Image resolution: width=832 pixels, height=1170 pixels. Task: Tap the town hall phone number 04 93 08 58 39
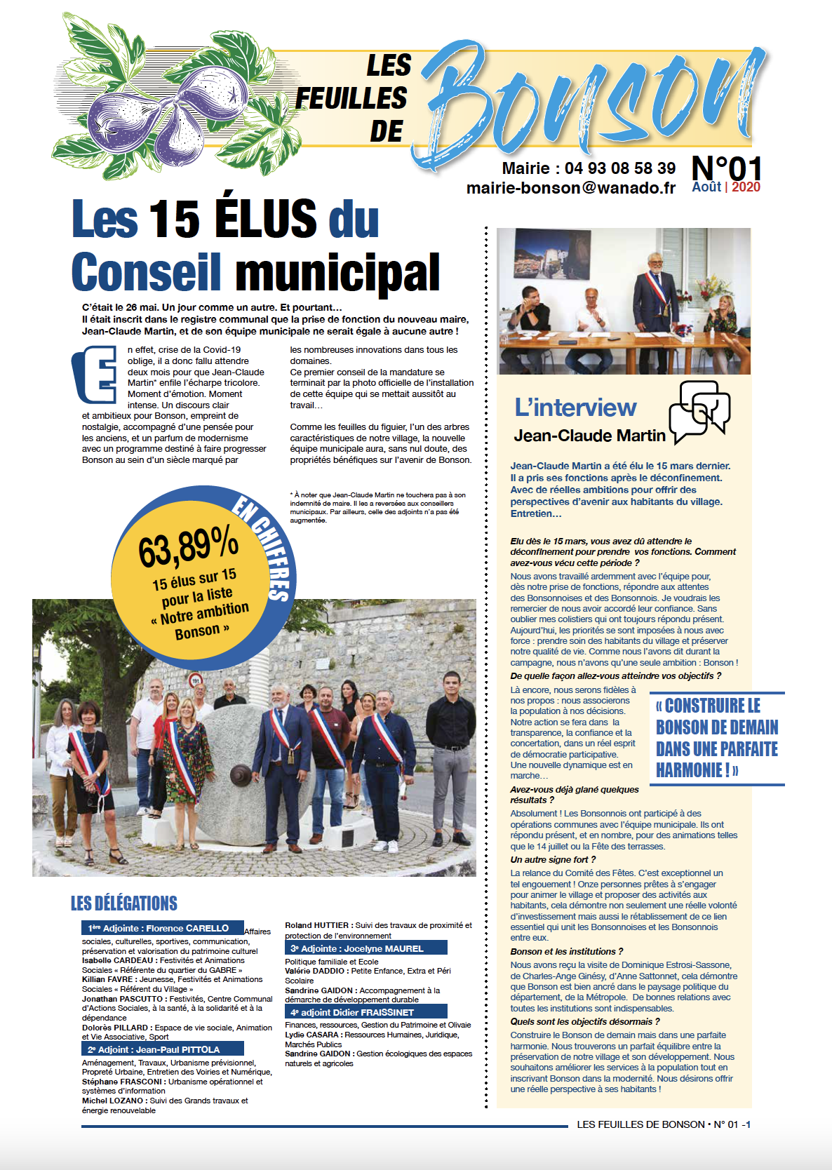click(x=619, y=168)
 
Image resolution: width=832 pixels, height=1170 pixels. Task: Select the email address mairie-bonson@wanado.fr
click(x=571, y=188)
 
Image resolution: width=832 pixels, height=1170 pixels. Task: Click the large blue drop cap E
click(x=95, y=375)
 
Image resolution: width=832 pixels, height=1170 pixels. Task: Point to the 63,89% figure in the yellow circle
click(x=188, y=546)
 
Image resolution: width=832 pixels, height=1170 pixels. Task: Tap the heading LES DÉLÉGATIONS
click(x=124, y=903)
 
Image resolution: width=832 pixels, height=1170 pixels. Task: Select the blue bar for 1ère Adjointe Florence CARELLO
click(x=163, y=928)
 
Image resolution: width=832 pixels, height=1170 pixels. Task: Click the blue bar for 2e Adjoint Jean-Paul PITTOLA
click(x=163, y=1049)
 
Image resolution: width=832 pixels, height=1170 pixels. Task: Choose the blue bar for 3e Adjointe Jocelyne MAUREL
click(x=365, y=948)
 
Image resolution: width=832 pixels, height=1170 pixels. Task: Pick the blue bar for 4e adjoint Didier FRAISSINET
click(x=365, y=1012)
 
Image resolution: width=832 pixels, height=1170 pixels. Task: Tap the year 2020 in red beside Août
click(x=746, y=187)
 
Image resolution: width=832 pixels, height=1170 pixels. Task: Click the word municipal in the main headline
click(x=337, y=274)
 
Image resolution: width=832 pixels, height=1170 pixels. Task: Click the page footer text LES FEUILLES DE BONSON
click(x=640, y=1124)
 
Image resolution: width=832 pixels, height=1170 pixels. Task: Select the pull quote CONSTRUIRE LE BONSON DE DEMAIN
click(x=717, y=738)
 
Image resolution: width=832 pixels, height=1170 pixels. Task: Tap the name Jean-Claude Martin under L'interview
click(x=589, y=436)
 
